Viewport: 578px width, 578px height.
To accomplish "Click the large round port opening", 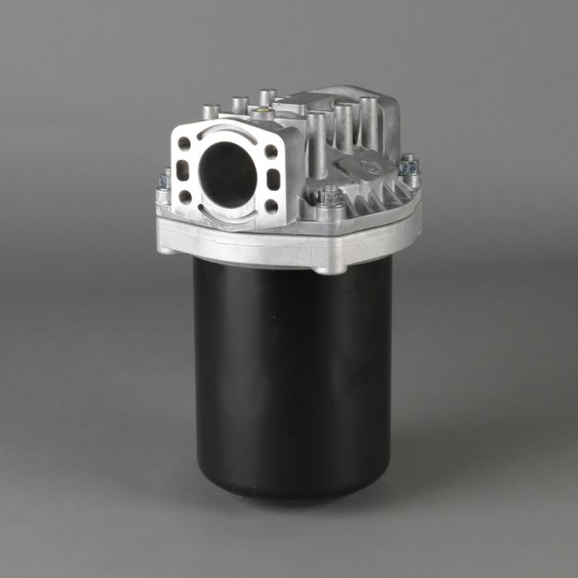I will click(x=227, y=174).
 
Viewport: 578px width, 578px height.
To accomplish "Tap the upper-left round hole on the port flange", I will click(x=185, y=144).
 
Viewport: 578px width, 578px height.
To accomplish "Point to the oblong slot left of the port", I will click(x=183, y=171).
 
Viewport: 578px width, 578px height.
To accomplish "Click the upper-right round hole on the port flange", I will click(x=271, y=152).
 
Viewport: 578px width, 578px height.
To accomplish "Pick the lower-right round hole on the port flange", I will click(x=271, y=206).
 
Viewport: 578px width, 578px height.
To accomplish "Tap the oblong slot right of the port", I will click(x=273, y=179).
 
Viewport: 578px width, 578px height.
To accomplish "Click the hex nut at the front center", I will click(x=331, y=198).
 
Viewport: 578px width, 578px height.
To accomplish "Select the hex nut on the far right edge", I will click(x=408, y=165).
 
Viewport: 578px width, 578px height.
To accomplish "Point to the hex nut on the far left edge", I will click(x=164, y=179).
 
